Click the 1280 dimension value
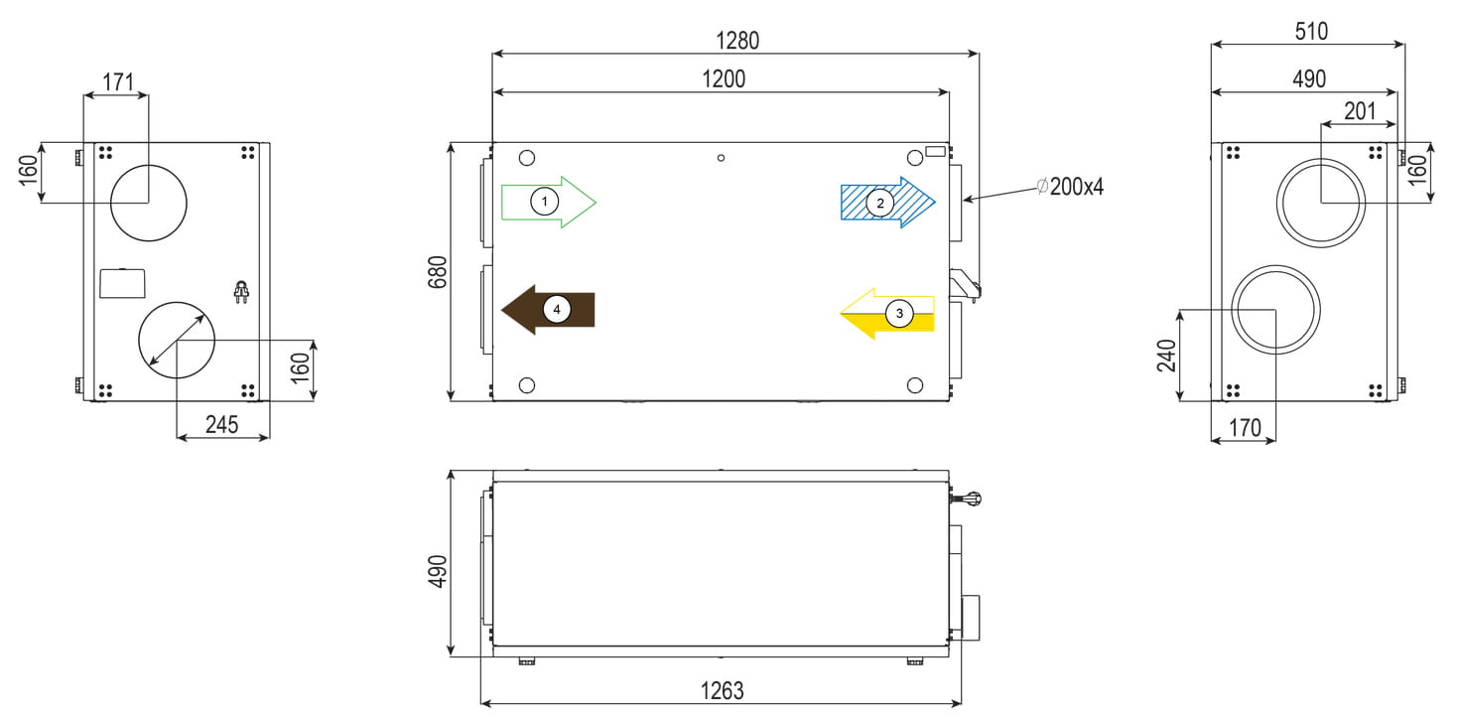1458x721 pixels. [736, 41]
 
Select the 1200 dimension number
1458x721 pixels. [724, 79]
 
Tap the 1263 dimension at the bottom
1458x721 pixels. [722, 690]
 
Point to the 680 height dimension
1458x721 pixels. [438, 271]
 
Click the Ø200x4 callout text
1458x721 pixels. [1070, 187]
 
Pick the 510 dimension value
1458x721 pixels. [1311, 31]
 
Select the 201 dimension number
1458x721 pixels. [1360, 111]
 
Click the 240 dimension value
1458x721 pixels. [1166, 356]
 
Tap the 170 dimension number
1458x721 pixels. [1245, 428]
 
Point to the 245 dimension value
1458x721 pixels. [221, 425]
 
